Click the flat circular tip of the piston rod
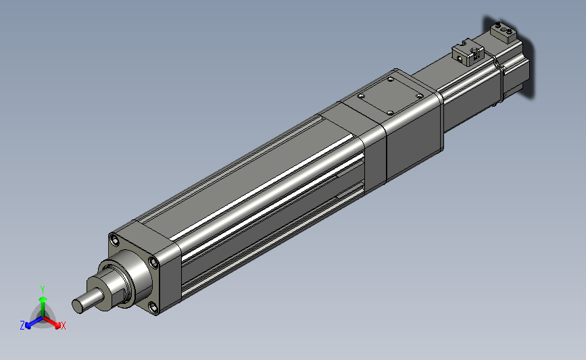pos(77,306)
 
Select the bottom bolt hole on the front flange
pos(153,307)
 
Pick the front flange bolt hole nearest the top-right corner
pos(153,263)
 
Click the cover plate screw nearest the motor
pos(419,97)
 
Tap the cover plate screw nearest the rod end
pos(361,96)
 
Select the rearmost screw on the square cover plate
pos(391,79)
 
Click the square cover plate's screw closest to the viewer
pos(390,113)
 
